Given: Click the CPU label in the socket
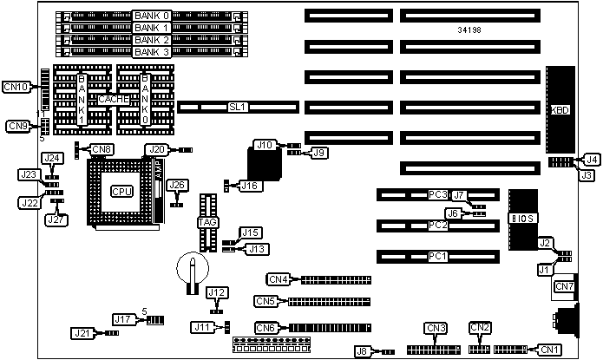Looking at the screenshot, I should [117, 191].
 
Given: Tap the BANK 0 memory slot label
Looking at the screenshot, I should [153, 16].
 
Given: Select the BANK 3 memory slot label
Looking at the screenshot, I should [153, 51].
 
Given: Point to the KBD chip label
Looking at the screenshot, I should [560, 110].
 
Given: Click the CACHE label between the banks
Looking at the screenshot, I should [114, 100].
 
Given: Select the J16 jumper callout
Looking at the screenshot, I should [250, 185].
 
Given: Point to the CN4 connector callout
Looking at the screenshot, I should [278, 279].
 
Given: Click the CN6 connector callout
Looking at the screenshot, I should [266, 327].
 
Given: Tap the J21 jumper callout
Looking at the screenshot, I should [82, 333].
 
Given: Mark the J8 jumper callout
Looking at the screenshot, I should [365, 351].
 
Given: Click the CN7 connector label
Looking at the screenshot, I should [564, 287].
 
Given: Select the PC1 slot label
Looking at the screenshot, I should [437, 257].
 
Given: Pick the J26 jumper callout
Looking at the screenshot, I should [177, 185].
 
